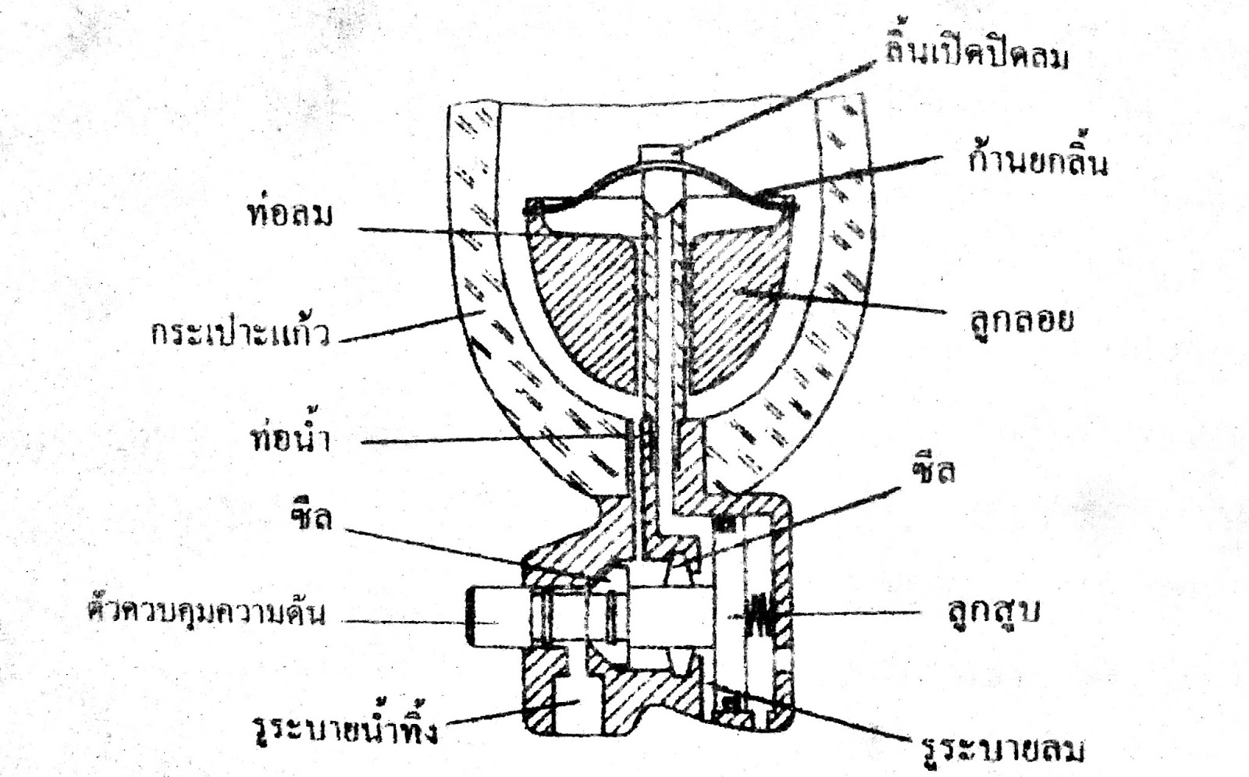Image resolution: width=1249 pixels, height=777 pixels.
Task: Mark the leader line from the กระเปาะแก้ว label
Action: (x=398, y=328)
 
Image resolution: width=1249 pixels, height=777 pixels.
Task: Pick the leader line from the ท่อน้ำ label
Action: (x=484, y=439)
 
